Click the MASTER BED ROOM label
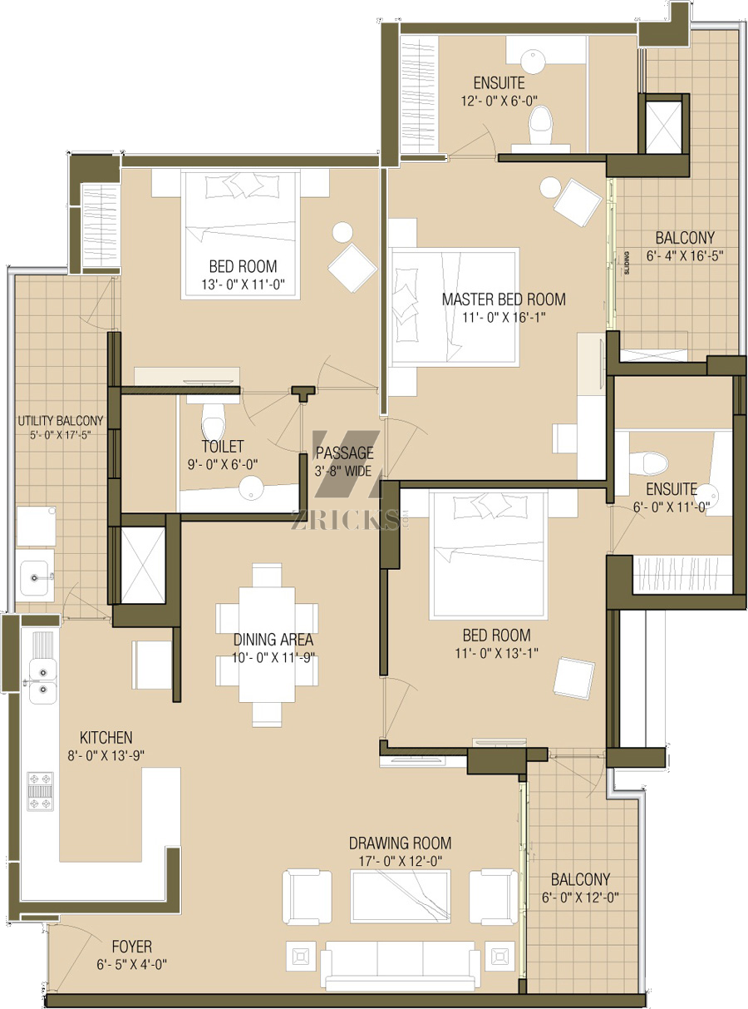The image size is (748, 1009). [504, 299]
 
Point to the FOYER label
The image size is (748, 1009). [132, 947]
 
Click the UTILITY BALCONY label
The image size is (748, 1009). [61, 420]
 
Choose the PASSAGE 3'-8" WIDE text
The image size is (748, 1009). [344, 462]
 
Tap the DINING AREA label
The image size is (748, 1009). [273, 640]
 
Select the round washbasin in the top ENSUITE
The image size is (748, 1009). [533, 62]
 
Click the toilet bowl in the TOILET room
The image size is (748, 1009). [213, 420]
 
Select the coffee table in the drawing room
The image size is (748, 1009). [400, 896]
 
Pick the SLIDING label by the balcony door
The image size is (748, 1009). [627, 263]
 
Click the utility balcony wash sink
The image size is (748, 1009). [35, 578]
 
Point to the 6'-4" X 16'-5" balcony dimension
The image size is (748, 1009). [685, 255]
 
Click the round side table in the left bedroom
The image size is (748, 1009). [342, 232]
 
